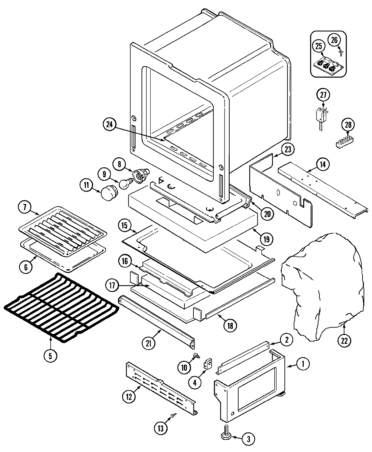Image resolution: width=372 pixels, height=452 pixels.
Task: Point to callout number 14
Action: pos(323,164)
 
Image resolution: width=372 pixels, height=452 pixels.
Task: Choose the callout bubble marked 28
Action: pos(347,125)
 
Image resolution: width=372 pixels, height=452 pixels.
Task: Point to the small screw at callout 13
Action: pos(173,414)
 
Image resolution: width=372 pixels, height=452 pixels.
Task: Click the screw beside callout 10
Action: pos(196,356)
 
